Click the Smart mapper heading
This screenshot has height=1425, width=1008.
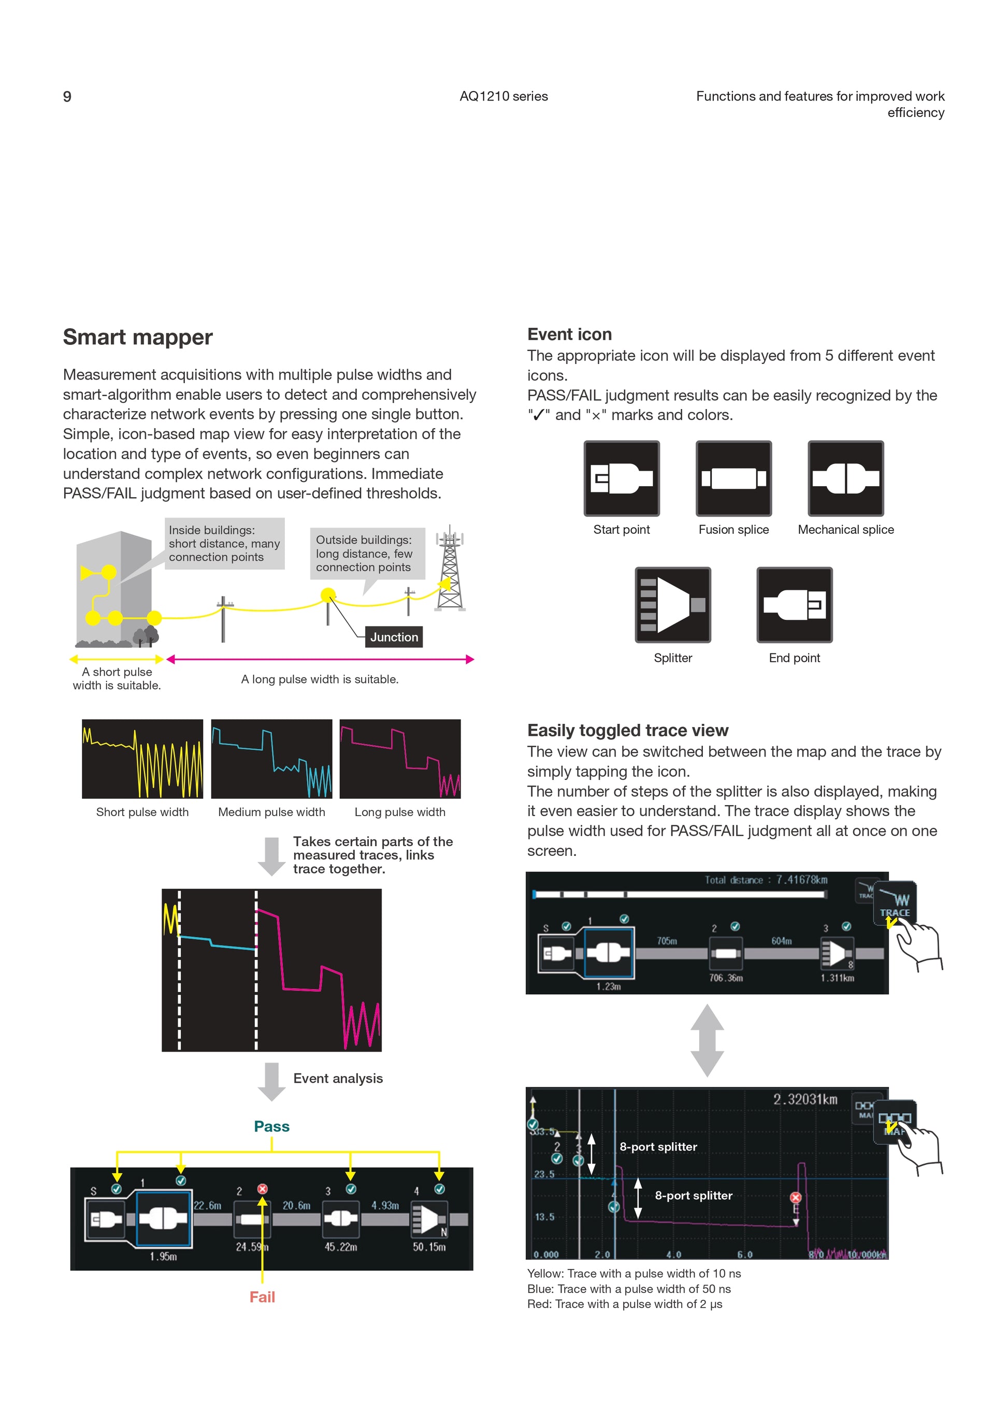(137, 337)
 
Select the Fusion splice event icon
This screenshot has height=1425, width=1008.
(733, 478)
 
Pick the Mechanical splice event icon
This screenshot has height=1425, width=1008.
(845, 478)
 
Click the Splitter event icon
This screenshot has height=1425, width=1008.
(673, 604)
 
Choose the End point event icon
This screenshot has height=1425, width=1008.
(794, 604)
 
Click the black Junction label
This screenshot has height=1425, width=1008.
(394, 637)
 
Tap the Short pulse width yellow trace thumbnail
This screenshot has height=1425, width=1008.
(142, 759)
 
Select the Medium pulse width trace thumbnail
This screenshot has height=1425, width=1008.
(271, 759)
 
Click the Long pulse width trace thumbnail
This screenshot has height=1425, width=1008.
(400, 759)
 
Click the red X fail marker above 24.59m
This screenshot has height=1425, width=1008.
(263, 1188)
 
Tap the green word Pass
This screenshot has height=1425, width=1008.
(272, 1126)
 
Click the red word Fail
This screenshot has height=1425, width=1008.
(262, 1297)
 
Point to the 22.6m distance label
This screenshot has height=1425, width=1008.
(207, 1205)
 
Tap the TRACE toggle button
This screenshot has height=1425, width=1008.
(895, 903)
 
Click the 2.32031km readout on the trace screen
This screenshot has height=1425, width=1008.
(805, 1099)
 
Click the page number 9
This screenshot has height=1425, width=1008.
(67, 97)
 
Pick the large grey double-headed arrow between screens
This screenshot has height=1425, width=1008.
(707, 1040)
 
